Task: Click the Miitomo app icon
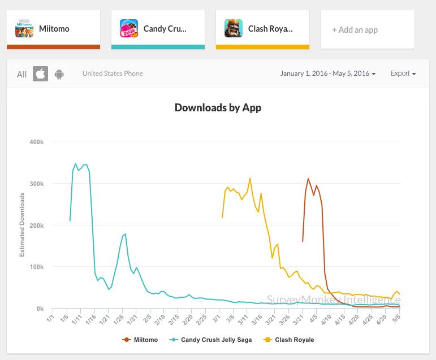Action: [x=24, y=29]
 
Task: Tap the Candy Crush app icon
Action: [x=129, y=29]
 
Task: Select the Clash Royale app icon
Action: [x=234, y=29]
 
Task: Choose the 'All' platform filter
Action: [x=21, y=74]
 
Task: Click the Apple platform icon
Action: [x=40, y=74]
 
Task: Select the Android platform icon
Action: [x=59, y=74]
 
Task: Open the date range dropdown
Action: [x=328, y=73]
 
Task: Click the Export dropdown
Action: [x=403, y=73]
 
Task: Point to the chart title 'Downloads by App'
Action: [x=218, y=107]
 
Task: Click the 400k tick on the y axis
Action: [x=37, y=142]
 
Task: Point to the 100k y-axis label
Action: [x=37, y=267]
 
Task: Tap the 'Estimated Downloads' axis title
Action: [x=23, y=225]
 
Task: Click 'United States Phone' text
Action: [x=113, y=73]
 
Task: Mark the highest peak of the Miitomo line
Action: [x=308, y=179]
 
